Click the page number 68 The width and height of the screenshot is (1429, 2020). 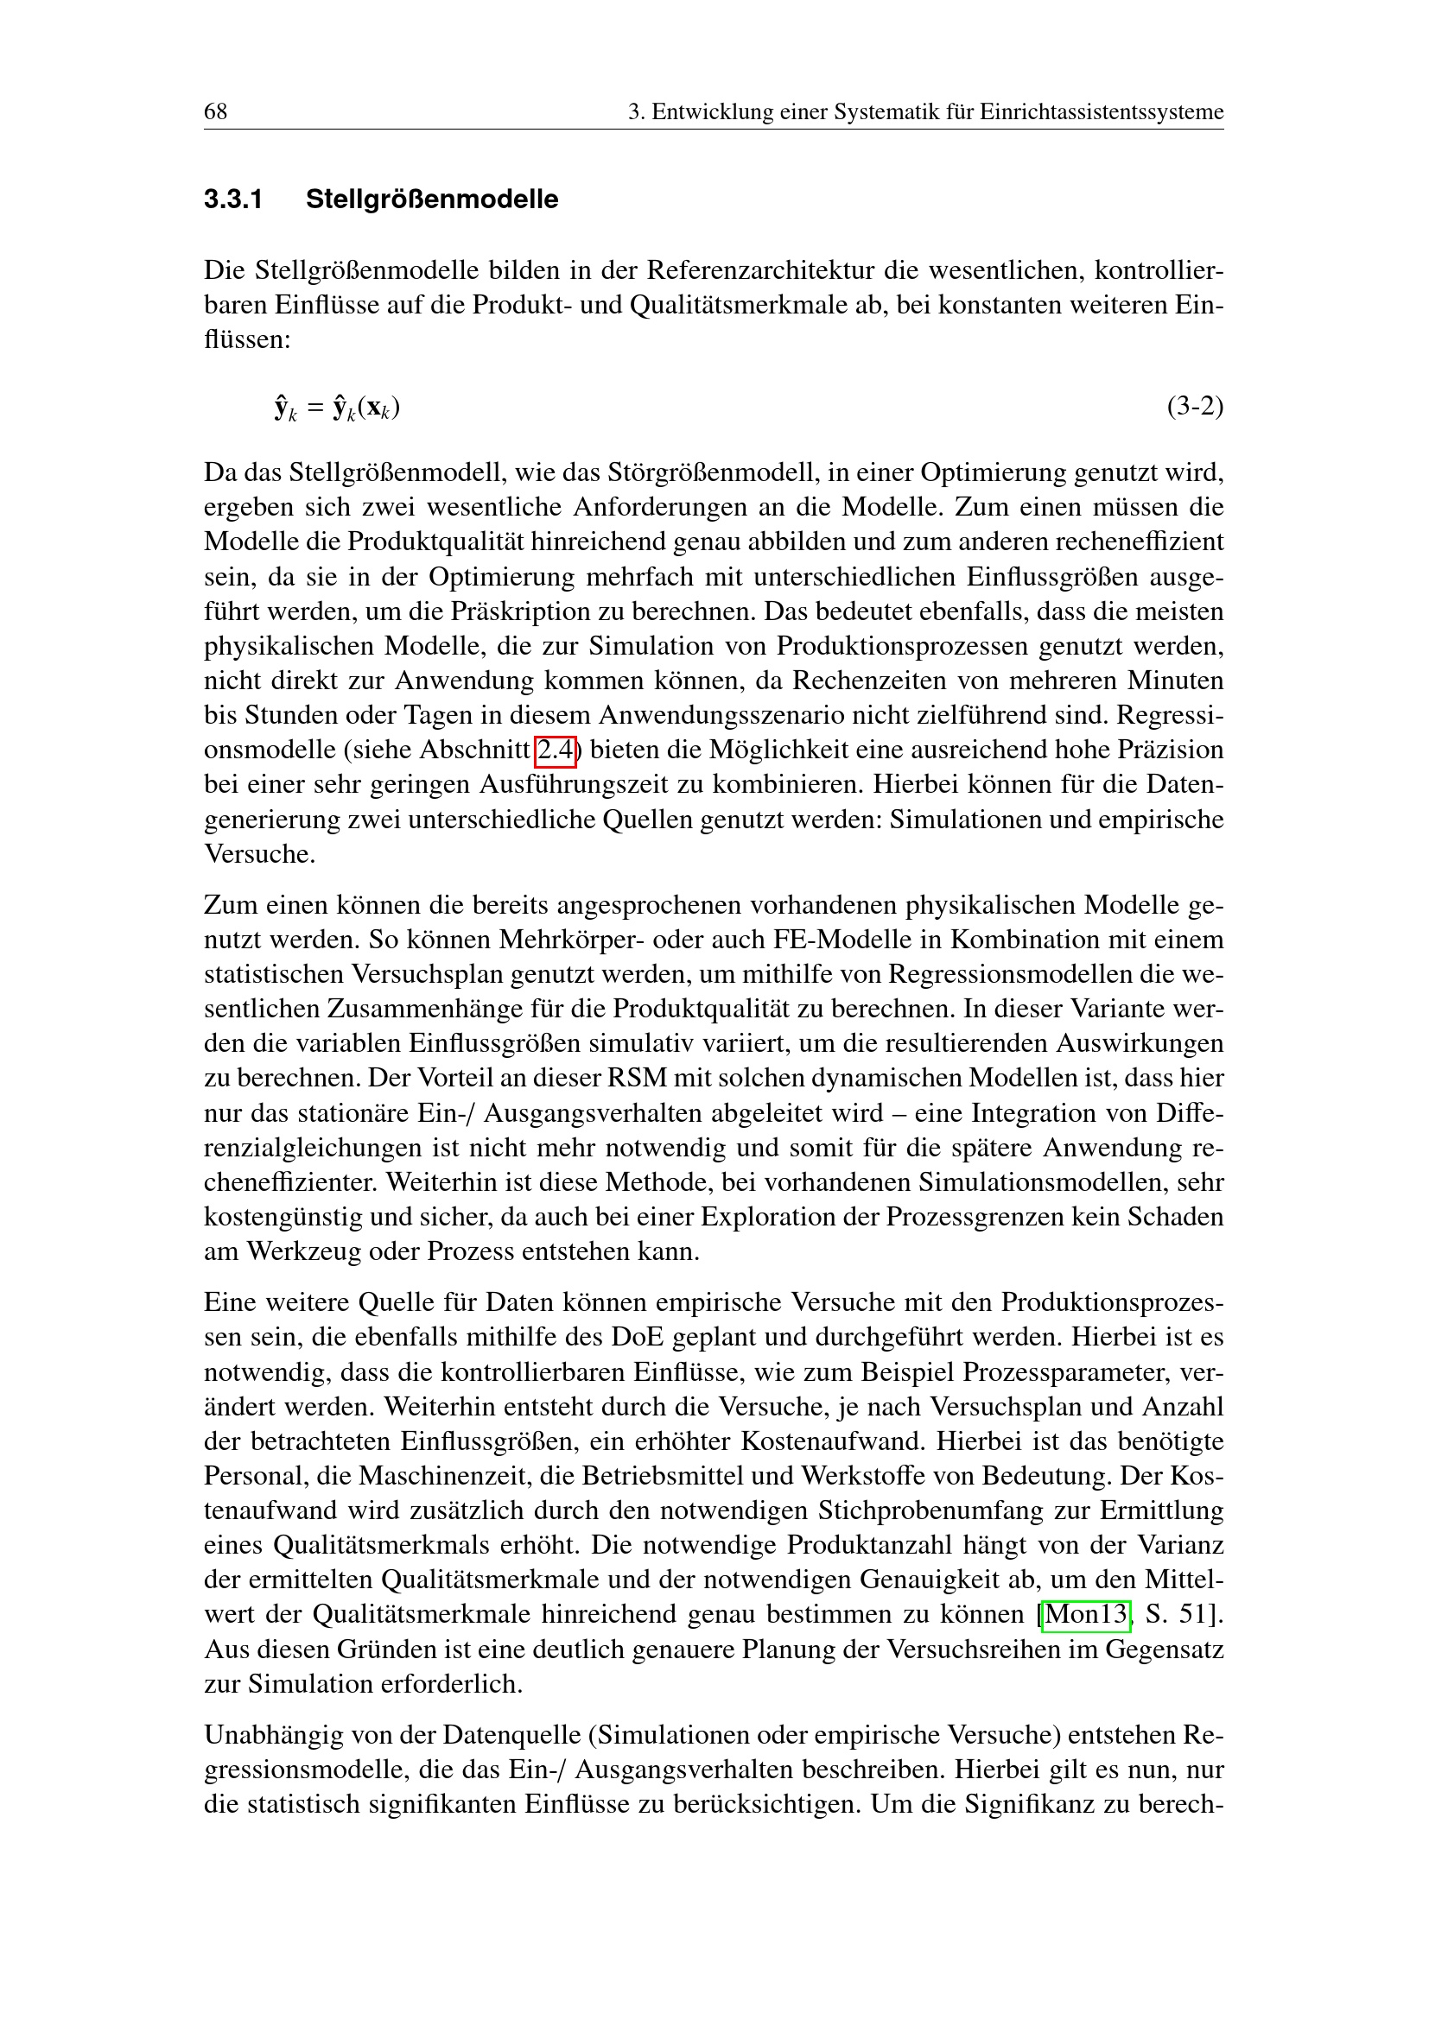(216, 111)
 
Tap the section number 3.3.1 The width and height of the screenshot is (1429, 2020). (233, 199)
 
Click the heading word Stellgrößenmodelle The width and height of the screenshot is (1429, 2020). (431, 199)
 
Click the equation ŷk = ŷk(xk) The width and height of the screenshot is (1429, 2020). (337, 408)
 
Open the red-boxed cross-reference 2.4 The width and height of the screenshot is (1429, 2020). (556, 750)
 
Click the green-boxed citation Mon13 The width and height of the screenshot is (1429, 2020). (1085, 1614)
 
